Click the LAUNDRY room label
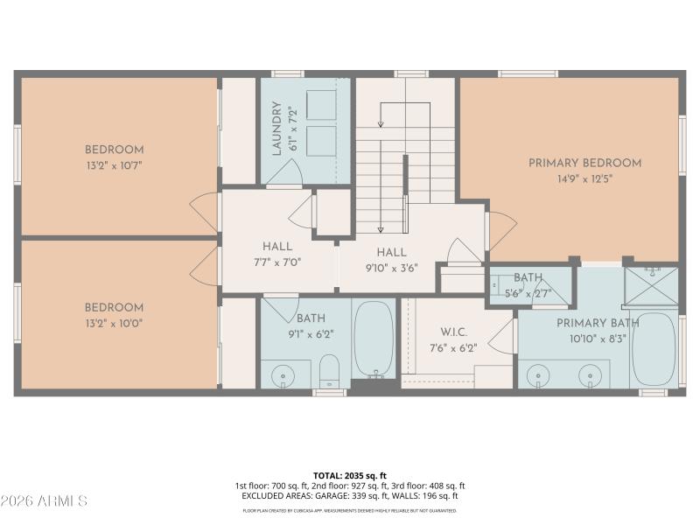tap(276, 129)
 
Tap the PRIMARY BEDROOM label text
tap(584, 163)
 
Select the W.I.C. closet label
tap(452, 332)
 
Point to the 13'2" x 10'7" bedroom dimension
tap(115, 164)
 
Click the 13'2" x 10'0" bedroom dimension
tap(114, 323)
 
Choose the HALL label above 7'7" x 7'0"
tap(277, 247)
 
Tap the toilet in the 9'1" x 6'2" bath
tap(329, 372)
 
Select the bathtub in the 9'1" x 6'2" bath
tap(374, 339)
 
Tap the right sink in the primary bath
tap(593, 374)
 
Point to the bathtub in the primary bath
tap(653, 348)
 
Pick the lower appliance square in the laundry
tap(322, 140)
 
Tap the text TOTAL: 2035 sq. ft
tap(349, 476)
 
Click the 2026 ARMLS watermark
tap(44, 501)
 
